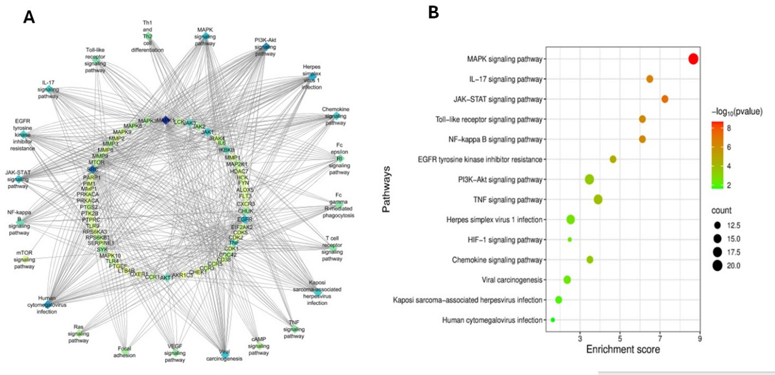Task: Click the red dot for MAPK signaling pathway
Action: pyautogui.click(x=693, y=59)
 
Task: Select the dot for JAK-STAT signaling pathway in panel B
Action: pyautogui.click(x=665, y=99)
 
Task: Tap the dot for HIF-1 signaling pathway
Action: pyautogui.click(x=569, y=240)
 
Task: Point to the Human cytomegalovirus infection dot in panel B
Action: pyautogui.click(x=553, y=320)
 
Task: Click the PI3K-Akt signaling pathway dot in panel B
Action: pyautogui.click(x=589, y=180)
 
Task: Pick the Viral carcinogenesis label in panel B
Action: pyautogui.click(x=512, y=280)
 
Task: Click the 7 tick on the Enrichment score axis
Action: pyautogui.click(x=660, y=339)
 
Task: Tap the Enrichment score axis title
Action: pyautogui.click(x=623, y=350)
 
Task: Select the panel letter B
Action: pyautogui.click(x=433, y=13)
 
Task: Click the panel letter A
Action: pyautogui.click(x=29, y=17)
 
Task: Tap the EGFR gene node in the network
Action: pyautogui.click(x=245, y=219)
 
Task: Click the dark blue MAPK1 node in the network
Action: pyautogui.click(x=165, y=120)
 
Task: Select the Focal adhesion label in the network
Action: pyautogui.click(x=124, y=352)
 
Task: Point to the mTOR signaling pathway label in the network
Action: pyautogui.click(x=24, y=260)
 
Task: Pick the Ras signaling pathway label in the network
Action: pyautogui.click(x=78, y=334)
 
